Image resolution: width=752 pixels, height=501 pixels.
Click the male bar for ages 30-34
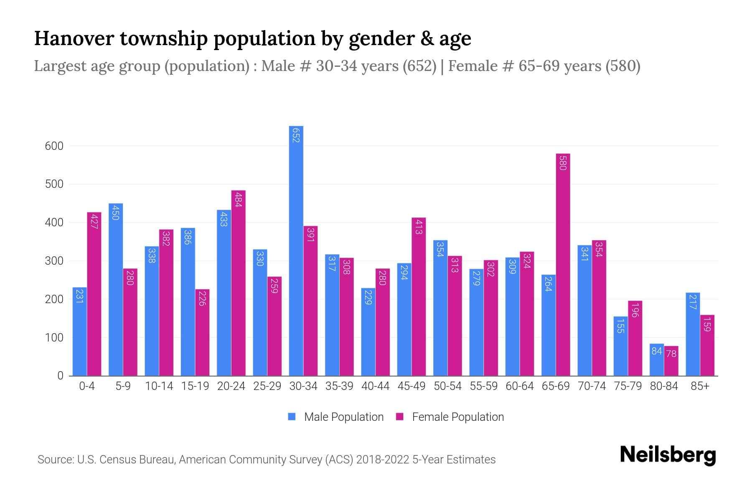[296, 250]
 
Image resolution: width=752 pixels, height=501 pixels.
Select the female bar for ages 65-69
[563, 265]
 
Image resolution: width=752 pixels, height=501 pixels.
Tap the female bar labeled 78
[671, 361]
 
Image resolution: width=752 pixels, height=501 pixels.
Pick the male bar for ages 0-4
[80, 331]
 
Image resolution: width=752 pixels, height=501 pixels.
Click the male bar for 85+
[693, 334]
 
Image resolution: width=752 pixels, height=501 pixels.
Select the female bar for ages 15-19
[202, 332]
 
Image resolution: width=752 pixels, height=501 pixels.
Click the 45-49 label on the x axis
[411, 386]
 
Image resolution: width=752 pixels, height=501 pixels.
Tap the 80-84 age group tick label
[664, 386]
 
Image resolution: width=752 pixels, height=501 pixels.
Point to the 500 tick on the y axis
[54, 184]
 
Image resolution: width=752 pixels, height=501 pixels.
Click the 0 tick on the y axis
[60, 376]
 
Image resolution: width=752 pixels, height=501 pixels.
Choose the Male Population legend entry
[343, 417]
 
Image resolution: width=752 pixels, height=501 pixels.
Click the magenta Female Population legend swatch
[400, 417]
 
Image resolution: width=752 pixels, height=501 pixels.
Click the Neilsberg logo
[668, 455]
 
